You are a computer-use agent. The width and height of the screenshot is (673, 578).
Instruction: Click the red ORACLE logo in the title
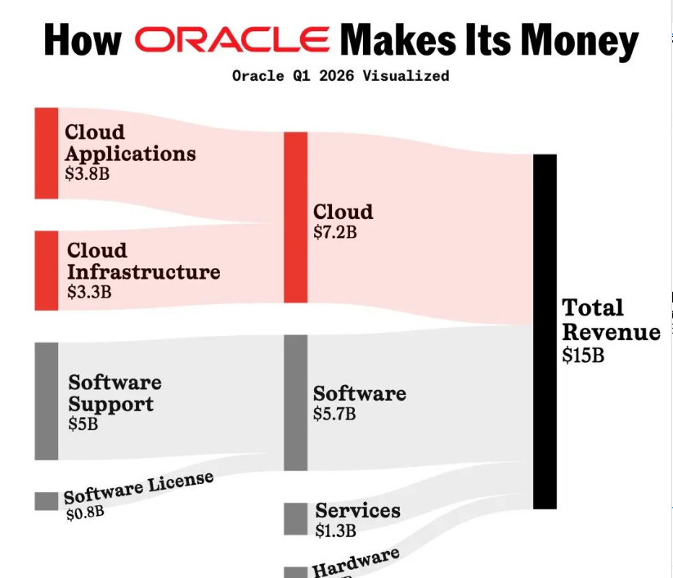pos(233,39)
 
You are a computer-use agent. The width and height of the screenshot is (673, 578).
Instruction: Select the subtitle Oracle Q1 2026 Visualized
pos(340,76)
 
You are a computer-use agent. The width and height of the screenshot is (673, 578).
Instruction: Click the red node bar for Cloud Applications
pos(47,153)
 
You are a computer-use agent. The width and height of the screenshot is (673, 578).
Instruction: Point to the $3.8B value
pos(87,173)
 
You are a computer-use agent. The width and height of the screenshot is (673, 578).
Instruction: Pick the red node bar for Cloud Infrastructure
pos(47,271)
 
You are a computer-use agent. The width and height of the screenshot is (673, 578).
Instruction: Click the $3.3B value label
pos(88,290)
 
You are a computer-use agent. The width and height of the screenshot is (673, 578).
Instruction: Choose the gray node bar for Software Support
pos(47,401)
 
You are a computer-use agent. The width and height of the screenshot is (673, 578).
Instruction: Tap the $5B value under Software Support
pos(83,424)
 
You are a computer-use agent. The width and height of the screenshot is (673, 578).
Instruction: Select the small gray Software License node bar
pos(47,500)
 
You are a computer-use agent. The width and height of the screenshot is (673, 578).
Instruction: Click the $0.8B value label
pos(85,513)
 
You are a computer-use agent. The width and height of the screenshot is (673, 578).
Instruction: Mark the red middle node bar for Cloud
pos(295,217)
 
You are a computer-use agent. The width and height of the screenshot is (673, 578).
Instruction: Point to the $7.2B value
pos(335,232)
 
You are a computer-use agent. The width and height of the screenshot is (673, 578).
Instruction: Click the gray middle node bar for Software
pos(295,402)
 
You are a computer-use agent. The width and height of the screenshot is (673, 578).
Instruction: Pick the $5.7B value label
pos(334,414)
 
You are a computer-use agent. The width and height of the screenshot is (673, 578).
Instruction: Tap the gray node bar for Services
pos(295,518)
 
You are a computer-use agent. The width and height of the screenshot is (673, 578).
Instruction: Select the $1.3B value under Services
pos(336,531)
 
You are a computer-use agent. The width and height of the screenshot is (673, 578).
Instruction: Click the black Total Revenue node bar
pos(545,331)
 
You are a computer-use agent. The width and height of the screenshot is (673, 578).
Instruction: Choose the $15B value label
pos(583,356)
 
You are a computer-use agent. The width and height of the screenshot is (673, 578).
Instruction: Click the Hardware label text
pos(356,562)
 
